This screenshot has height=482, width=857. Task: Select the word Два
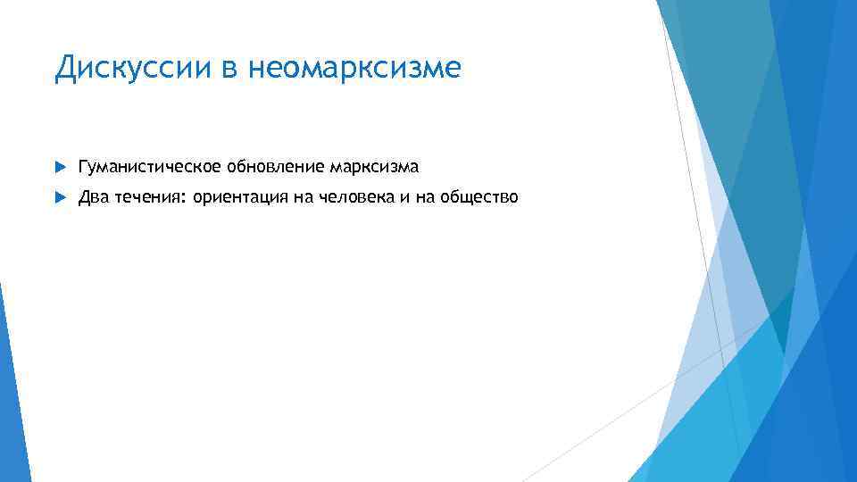(x=92, y=197)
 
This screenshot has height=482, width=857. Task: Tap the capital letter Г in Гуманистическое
(x=83, y=167)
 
